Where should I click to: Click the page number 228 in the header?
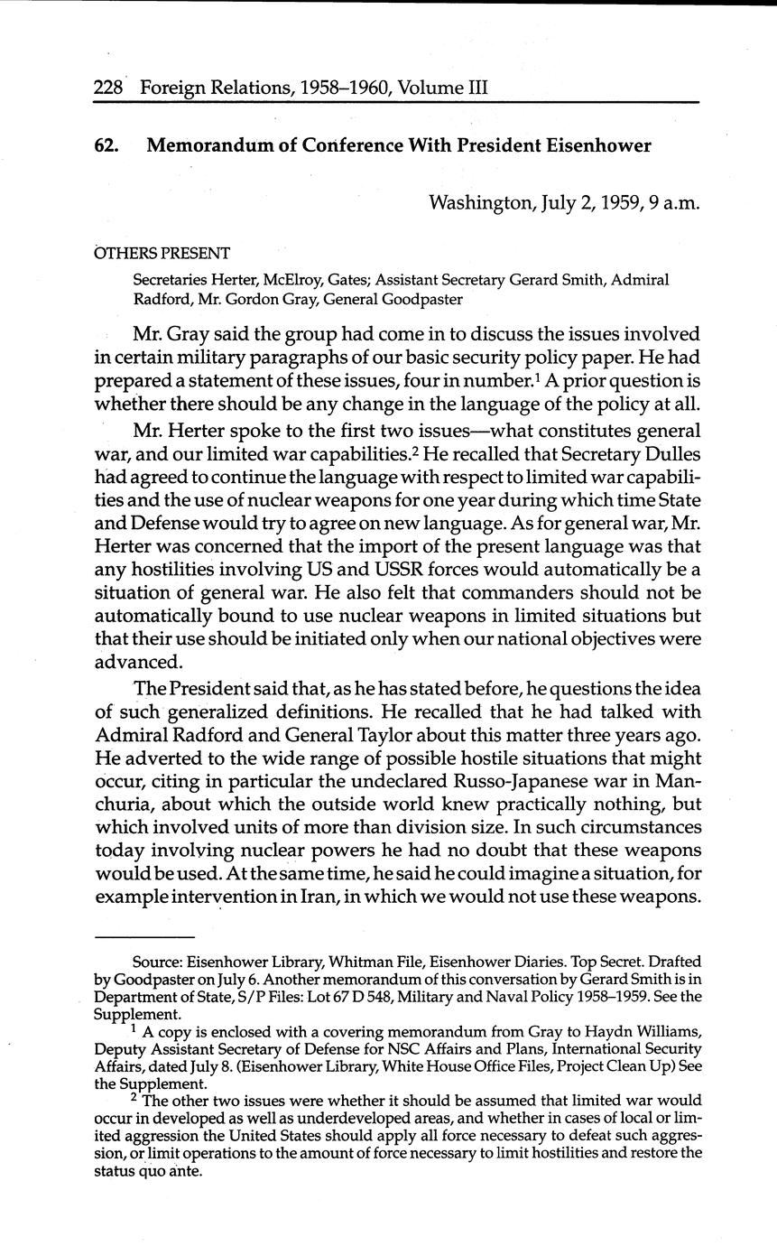click(x=109, y=88)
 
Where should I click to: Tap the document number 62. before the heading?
click(x=106, y=145)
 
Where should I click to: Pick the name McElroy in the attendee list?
click(x=316, y=280)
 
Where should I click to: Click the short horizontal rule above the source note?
click(x=143, y=936)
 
